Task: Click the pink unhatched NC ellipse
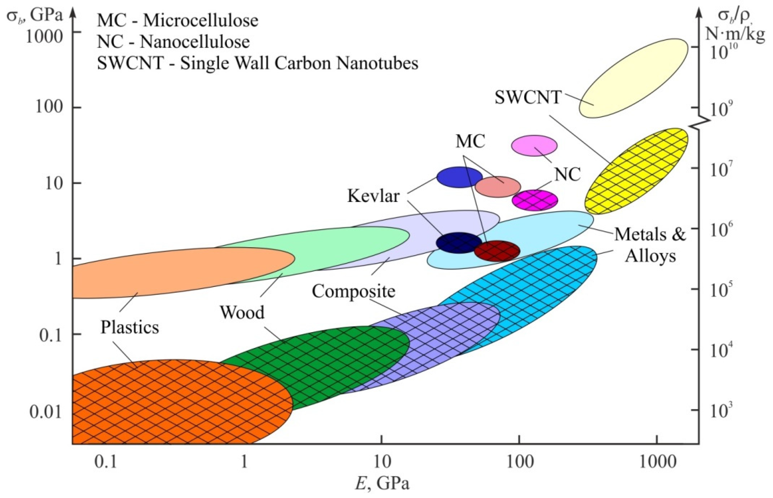pos(534,145)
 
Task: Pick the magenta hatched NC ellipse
pos(535,200)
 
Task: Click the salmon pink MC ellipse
pos(498,187)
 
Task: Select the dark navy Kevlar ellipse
pos(459,243)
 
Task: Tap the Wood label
pos(242,312)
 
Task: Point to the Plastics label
pos(130,327)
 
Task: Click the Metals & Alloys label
pos(650,245)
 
